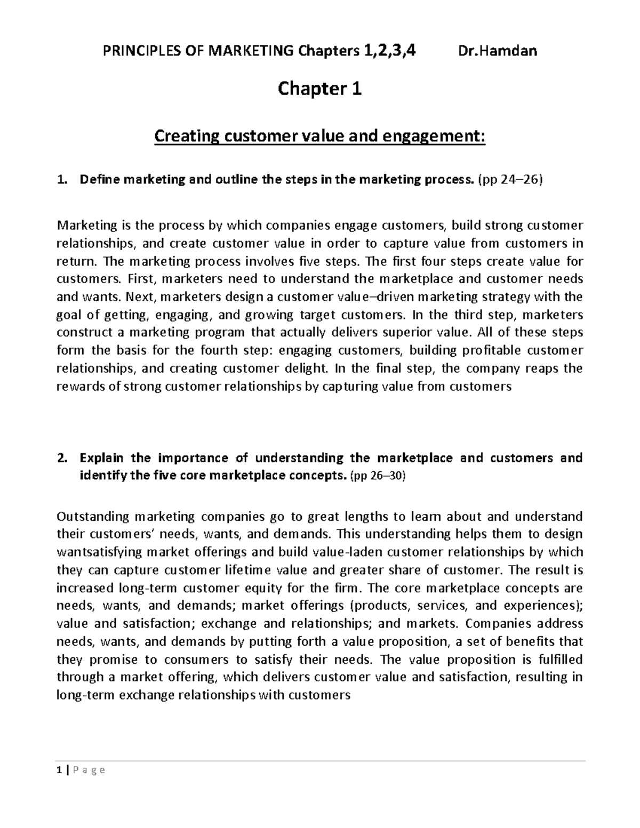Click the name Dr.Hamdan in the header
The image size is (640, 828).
tap(497, 51)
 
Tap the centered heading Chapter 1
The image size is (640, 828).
tap(319, 89)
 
